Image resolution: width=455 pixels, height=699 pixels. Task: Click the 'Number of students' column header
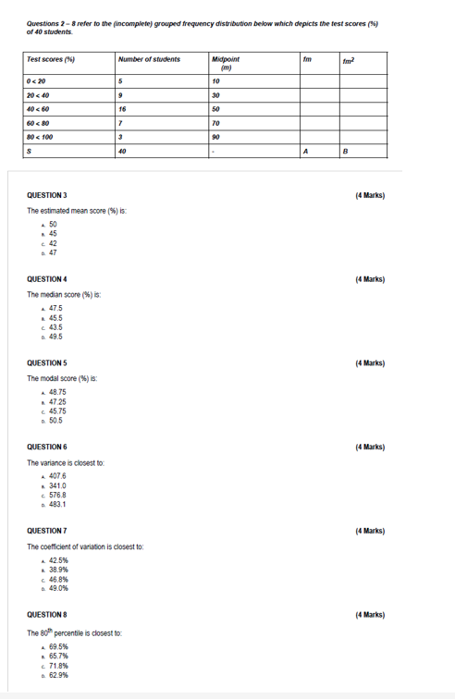pyautogui.click(x=149, y=59)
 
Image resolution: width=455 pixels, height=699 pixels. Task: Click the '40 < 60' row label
pyautogui.click(x=41, y=108)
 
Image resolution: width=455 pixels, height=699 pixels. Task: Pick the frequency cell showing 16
pyautogui.click(x=123, y=108)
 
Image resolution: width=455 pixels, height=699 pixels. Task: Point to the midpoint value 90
pyautogui.click(x=215, y=136)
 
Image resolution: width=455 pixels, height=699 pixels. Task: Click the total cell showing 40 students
pyautogui.click(x=123, y=151)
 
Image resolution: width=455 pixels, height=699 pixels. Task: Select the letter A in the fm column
pyautogui.click(x=306, y=151)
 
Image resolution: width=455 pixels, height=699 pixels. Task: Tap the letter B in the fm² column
pyautogui.click(x=346, y=151)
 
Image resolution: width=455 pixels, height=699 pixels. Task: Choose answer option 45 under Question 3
pyautogui.click(x=53, y=234)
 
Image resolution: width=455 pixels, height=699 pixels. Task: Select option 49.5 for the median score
pyautogui.click(x=55, y=337)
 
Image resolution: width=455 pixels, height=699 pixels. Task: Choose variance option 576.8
pyautogui.click(x=57, y=495)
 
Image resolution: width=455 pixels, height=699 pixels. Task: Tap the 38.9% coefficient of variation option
pyautogui.click(x=57, y=570)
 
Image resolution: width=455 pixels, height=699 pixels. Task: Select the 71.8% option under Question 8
pyautogui.click(x=57, y=666)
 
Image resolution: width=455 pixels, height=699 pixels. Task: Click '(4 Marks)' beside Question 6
pyautogui.click(x=370, y=448)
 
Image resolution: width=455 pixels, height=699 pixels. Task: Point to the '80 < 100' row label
pyautogui.click(x=43, y=136)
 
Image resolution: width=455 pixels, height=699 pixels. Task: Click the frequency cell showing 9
pyautogui.click(x=121, y=94)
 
